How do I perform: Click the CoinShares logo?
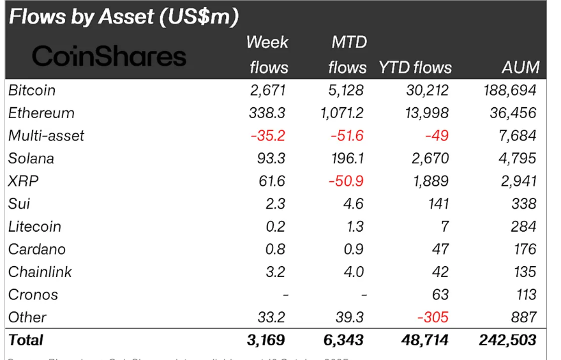(108, 56)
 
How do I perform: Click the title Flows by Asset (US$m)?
(124, 17)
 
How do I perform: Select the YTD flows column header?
(415, 68)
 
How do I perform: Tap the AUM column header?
(520, 68)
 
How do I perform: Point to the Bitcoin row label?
(32, 90)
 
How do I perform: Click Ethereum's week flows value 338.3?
(267, 113)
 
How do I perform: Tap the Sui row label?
(19, 204)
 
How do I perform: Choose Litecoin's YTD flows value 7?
(444, 227)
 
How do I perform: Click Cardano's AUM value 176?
(524, 249)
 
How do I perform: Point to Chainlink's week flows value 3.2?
(276, 272)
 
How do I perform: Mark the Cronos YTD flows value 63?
(440, 295)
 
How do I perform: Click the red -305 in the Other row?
(433, 317)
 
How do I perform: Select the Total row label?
(26, 340)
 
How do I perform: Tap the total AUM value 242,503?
(507, 340)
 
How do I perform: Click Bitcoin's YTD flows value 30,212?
(428, 90)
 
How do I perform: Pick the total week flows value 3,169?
(266, 340)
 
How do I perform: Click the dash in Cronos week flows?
(285, 295)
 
